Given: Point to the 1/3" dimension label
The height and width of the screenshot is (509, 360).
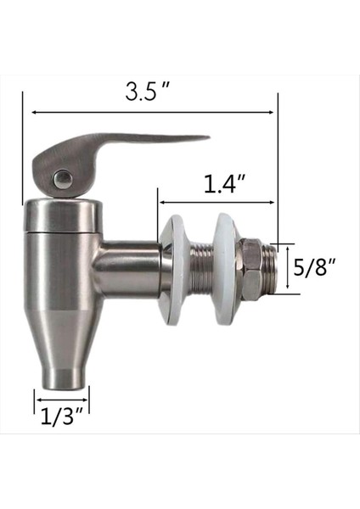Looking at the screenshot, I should coord(62,416).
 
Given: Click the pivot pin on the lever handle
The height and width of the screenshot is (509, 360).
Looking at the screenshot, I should coord(61,178).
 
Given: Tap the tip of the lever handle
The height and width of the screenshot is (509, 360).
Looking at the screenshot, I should coord(204,137).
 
